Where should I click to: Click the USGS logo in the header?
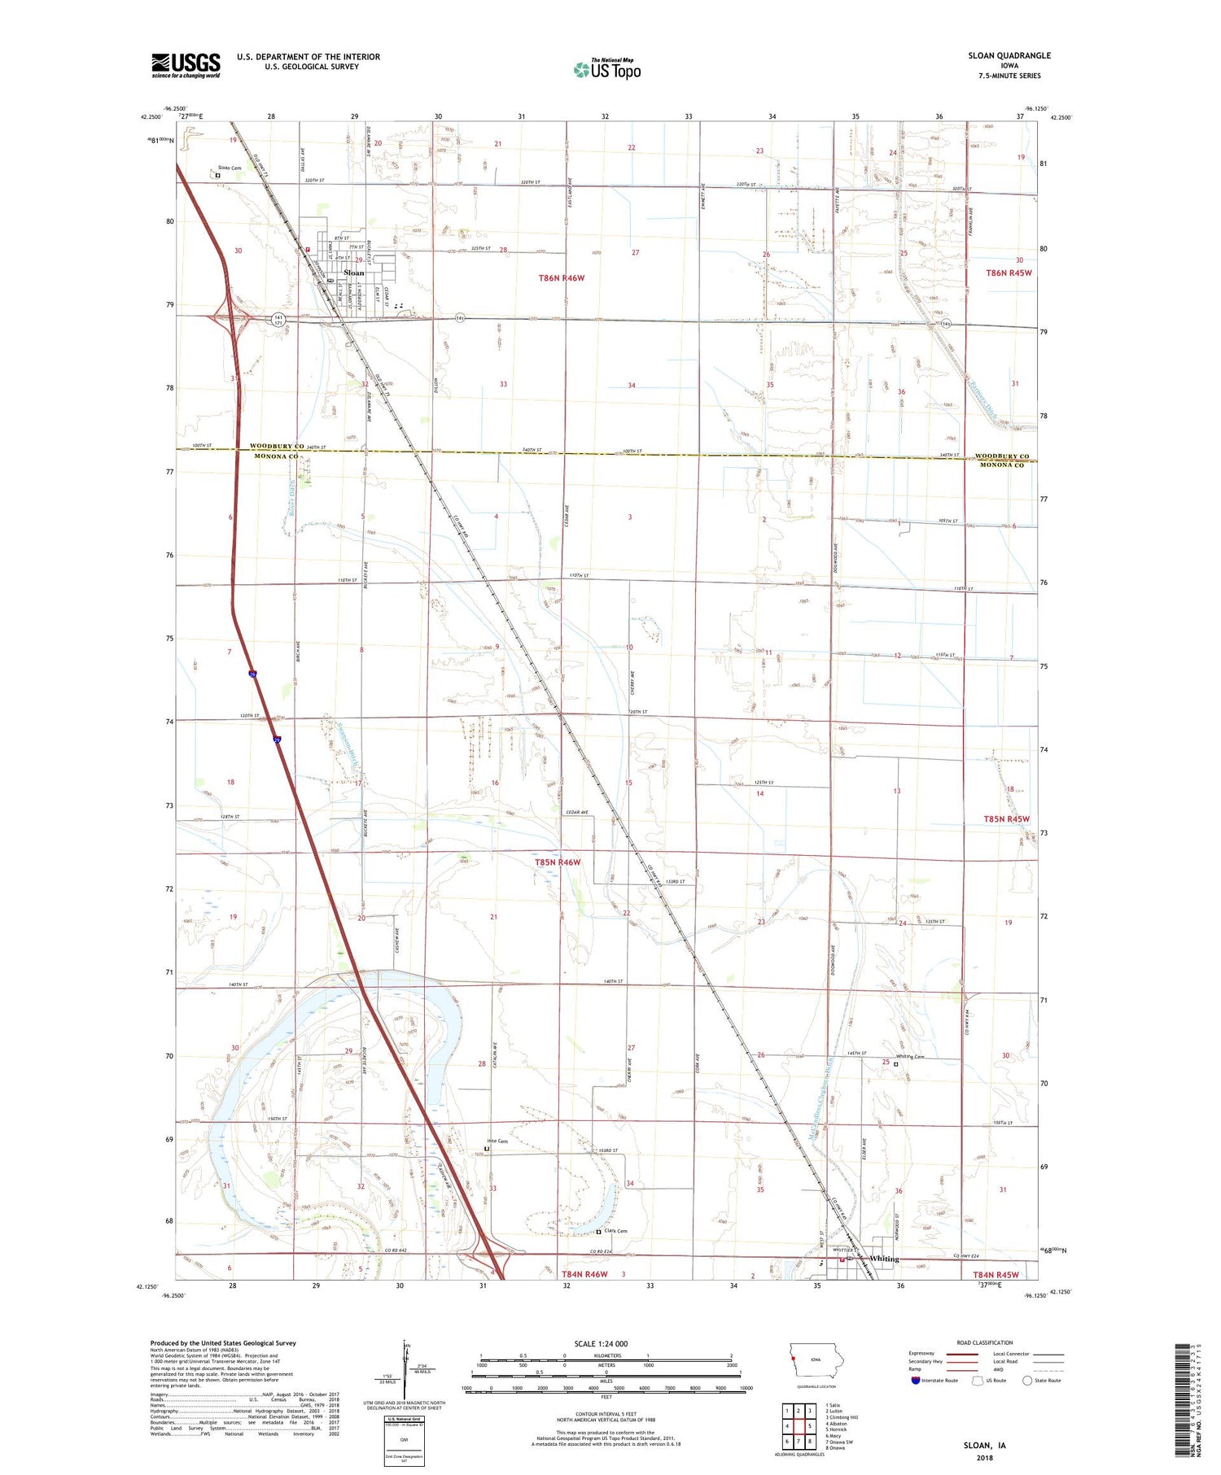pos(186,65)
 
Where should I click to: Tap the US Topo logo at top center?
pos(606,69)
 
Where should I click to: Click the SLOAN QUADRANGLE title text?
pos(1009,55)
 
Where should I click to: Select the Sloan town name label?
pos(354,273)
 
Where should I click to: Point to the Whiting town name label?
pos(884,1259)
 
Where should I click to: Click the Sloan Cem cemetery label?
pos(230,168)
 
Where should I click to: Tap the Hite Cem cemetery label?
pos(497,1141)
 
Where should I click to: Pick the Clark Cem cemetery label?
pos(615,1231)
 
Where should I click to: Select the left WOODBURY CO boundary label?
pos(277,446)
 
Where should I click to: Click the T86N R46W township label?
pos(561,278)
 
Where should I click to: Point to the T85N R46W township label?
pos(558,862)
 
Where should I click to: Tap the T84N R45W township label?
pos(995,1275)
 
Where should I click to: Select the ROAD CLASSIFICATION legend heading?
pos(985,1342)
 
